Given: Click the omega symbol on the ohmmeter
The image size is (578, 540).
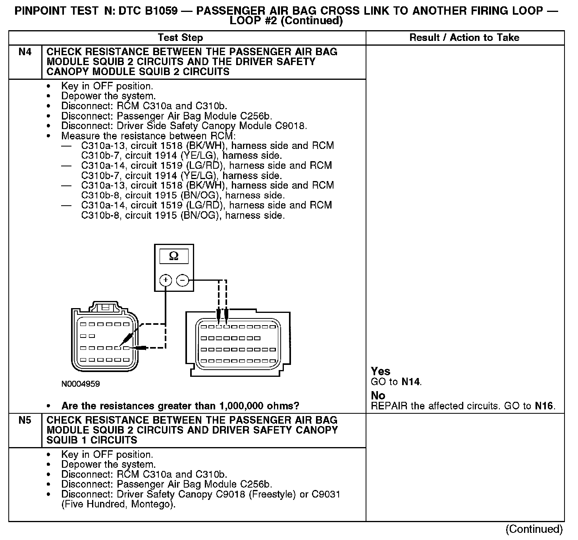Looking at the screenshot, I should pyautogui.click(x=174, y=256).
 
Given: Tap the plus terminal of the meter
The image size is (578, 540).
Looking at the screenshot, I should pyautogui.click(x=166, y=280).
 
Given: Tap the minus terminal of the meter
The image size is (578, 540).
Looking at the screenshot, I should pyautogui.click(x=182, y=280).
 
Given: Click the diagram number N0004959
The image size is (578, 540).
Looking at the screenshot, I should pyautogui.click(x=81, y=384).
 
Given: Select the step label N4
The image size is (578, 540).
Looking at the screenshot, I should pyautogui.click(x=25, y=52).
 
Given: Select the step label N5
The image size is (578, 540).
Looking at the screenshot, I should pyautogui.click(x=25, y=420).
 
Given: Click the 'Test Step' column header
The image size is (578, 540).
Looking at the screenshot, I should pyautogui.click(x=180, y=38).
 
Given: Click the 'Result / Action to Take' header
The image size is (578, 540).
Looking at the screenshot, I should pyautogui.click(x=464, y=38).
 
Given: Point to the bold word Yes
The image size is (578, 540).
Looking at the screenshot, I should pyautogui.click(x=380, y=371).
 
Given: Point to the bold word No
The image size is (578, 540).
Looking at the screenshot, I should pyautogui.click(x=378, y=395).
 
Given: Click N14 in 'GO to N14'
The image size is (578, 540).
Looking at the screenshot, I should pyautogui.click(x=411, y=382).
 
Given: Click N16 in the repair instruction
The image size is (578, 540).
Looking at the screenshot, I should pyautogui.click(x=544, y=406).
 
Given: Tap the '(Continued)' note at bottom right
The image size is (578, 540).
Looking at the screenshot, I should pyautogui.click(x=534, y=529).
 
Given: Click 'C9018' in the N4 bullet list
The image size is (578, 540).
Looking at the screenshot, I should pyautogui.click(x=291, y=126).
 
